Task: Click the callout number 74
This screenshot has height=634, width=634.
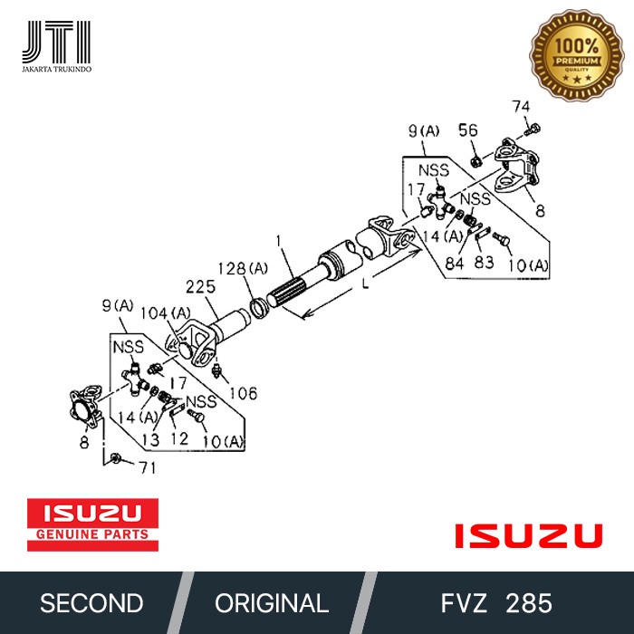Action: pos(521,106)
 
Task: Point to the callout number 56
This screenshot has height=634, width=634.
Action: pos(467,130)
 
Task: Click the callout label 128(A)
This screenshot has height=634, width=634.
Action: pos(243,268)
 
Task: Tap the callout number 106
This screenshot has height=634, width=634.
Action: pos(242,393)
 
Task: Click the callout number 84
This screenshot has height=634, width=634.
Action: pos(453,263)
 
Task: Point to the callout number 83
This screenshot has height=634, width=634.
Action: pos(484,263)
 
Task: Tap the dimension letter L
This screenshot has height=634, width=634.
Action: pos(363,284)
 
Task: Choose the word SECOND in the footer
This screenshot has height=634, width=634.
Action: pos(91,603)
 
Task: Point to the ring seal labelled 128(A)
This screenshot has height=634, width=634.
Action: pos(257,306)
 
